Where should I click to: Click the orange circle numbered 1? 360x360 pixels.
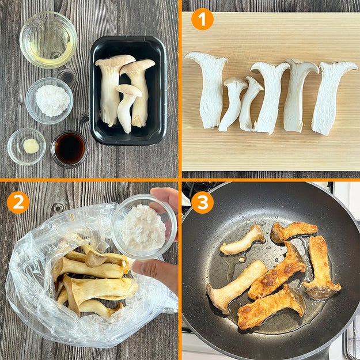click(x=202, y=20)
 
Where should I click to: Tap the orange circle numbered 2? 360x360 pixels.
click(x=18, y=202)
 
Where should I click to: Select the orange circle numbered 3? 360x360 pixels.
click(x=202, y=202)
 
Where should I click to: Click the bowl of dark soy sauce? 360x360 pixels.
click(x=70, y=149)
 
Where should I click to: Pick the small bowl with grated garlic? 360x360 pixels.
click(x=26, y=146)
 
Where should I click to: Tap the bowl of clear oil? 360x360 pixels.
click(x=48, y=40)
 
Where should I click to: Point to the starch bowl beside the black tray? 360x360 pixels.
click(x=50, y=101)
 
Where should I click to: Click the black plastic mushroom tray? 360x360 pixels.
click(x=128, y=90)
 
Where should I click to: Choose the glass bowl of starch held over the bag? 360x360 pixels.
click(x=144, y=226)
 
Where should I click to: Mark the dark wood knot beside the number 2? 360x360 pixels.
click(x=58, y=207)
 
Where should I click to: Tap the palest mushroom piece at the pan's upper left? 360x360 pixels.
click(x=242, y=241)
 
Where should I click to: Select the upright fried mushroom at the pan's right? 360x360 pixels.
click(x=320, y=266)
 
